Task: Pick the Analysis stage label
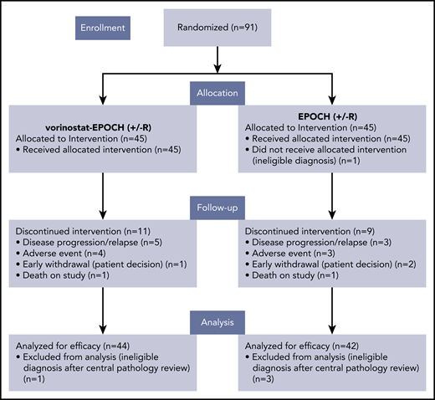(x=217, y=319)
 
